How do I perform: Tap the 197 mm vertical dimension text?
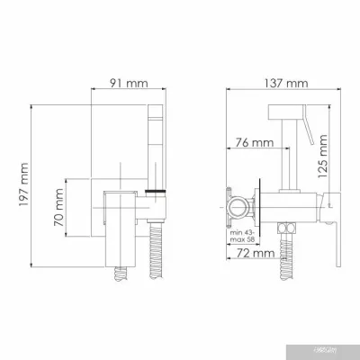point(23,191)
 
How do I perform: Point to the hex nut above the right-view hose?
point(289,222)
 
